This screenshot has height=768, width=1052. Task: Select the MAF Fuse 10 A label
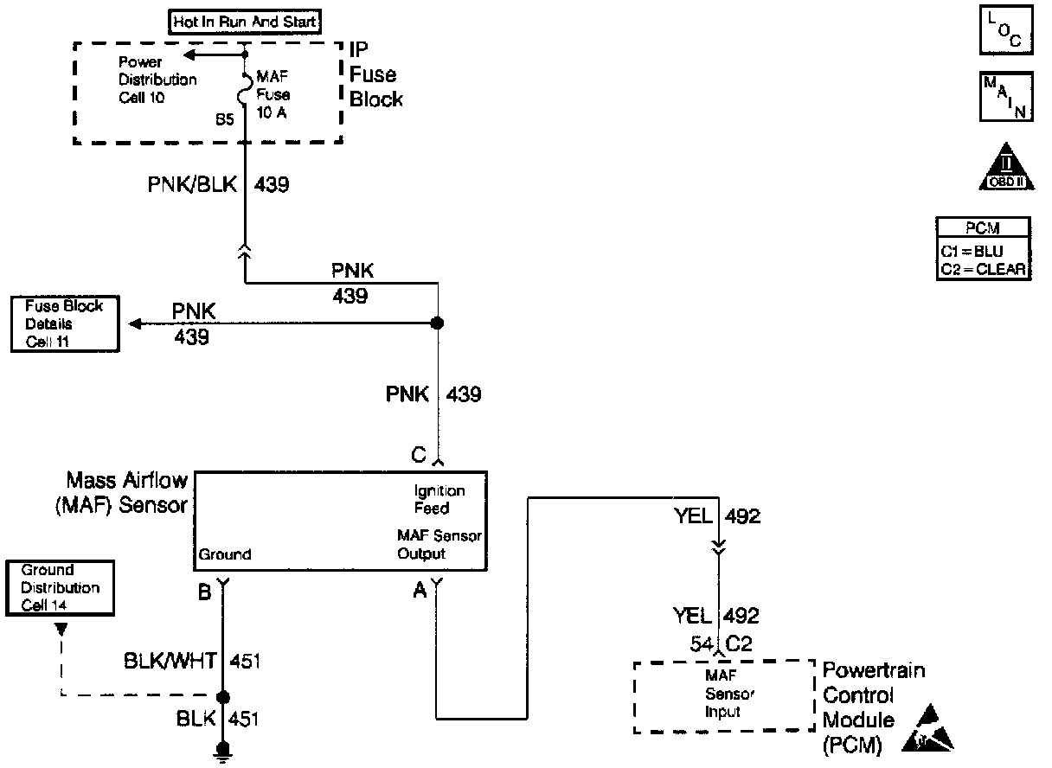tap(273, 95)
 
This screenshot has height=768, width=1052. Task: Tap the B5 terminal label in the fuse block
tap(225, 120)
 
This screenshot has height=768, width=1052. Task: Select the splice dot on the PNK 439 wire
tap(438, 323)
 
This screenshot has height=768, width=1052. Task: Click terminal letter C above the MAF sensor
tap(420, 454)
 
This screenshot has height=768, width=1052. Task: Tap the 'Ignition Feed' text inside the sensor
tap(439, 500)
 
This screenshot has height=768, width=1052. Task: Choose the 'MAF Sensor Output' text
tap(439, 545)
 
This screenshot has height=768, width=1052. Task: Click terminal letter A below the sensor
tap(420, 591)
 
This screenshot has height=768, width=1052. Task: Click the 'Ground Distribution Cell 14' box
tap(61, 588)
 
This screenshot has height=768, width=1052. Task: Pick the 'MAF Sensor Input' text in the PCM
tap(723, 695)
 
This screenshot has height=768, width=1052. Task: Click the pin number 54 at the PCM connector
tap(702, 643)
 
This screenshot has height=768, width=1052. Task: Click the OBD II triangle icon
tap(1006, 167)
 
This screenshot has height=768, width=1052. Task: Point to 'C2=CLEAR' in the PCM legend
tap(984, 269)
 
